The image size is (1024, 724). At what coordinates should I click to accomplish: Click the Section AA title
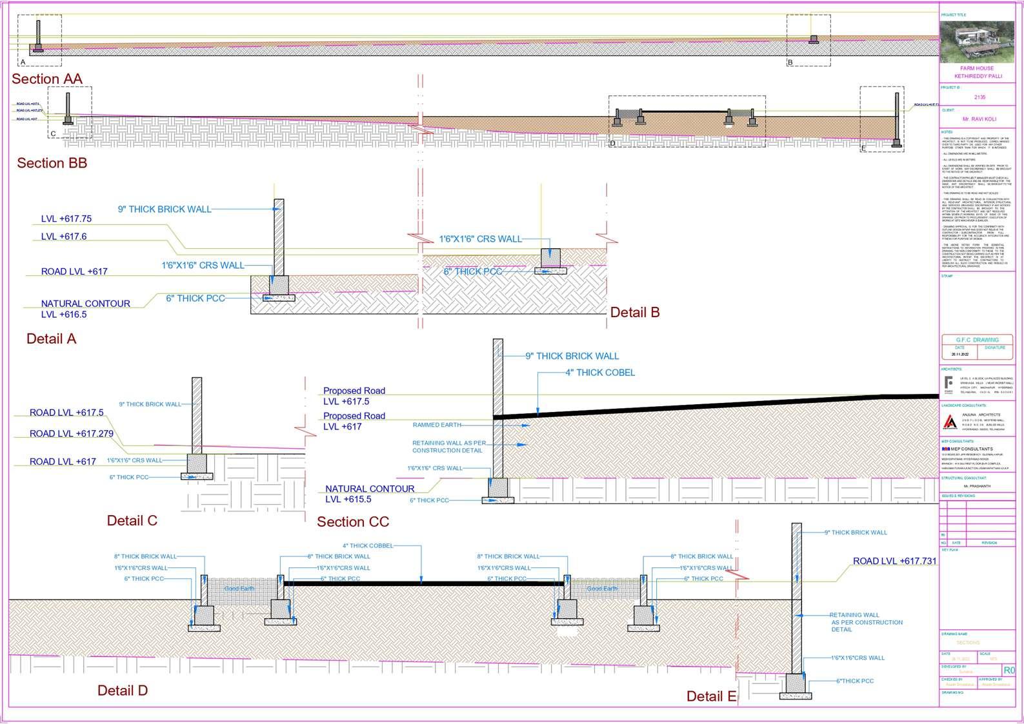[x=47, y=79]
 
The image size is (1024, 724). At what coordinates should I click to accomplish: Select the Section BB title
[x=52, y=163]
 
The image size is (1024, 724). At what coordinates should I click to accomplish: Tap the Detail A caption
[x=51, y=338]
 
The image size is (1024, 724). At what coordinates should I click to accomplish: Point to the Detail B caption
[x=635, y=312]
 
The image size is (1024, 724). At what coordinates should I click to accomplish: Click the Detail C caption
[x=132, y=520]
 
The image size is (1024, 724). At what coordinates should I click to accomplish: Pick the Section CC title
[x=353, y=522]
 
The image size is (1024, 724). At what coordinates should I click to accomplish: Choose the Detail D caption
[x=123, y=690]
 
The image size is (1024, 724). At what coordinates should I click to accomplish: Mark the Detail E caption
[x=711, y=696]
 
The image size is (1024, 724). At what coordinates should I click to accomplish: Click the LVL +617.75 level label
[x=66, y=219]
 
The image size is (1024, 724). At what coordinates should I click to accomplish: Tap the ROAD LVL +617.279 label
[x=71, y=433]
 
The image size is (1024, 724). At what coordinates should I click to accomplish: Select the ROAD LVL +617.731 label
[x=894, y=561]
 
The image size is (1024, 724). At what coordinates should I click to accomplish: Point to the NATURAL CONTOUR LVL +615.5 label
[x=369, y=494]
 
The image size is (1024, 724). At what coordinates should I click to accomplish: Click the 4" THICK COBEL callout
[x=600, y=372]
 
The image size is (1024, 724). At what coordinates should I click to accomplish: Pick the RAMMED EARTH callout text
[x=437, y=425]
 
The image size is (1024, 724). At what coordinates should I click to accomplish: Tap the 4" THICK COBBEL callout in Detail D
[x=367, y=545]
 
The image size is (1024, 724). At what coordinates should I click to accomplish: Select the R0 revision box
[x=1009, y=670]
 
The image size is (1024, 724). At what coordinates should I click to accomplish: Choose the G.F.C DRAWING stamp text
[x=977, y=340]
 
